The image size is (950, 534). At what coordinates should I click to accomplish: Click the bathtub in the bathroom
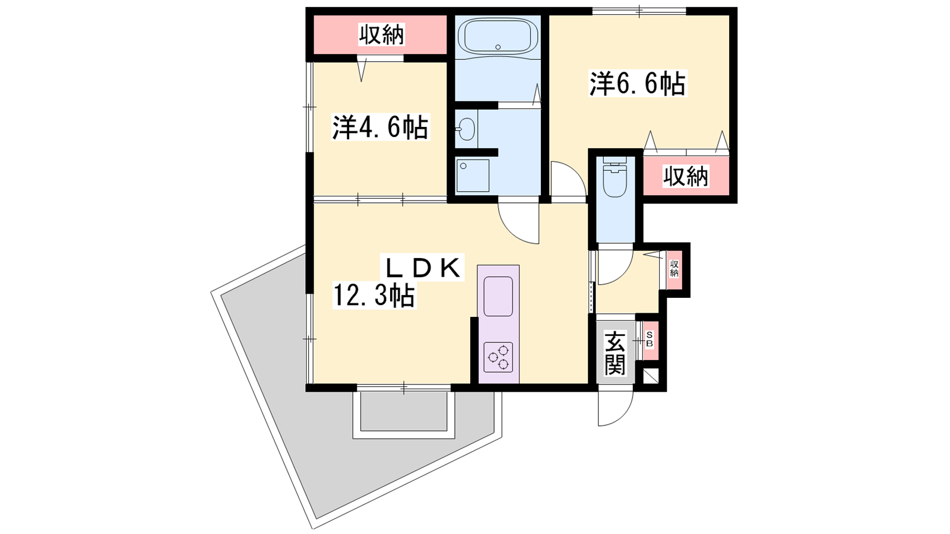coord(501,36)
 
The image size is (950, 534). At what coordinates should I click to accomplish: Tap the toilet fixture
coord(614,177)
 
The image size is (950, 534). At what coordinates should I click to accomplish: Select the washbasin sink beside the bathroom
coord(467,129)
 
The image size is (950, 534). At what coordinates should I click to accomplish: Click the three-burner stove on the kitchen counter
coord(498,357)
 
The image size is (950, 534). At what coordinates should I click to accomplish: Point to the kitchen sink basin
coord(498,296)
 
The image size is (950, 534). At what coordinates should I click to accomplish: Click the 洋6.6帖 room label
coord(637,84)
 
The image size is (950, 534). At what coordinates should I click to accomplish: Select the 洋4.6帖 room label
coord(380,127)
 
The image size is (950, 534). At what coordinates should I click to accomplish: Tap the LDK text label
coord(423,267)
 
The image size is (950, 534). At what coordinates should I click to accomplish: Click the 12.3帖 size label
coord(374,295)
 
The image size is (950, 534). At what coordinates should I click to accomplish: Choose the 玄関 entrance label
coord(615,352)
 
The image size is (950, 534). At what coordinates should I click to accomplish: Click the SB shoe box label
coord(650,339)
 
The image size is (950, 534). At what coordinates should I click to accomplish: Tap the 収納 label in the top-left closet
coord(382,34)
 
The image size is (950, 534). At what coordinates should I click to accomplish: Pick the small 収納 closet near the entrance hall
coord(674,269)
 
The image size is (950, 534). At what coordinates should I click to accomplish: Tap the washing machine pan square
coord(472,176)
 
